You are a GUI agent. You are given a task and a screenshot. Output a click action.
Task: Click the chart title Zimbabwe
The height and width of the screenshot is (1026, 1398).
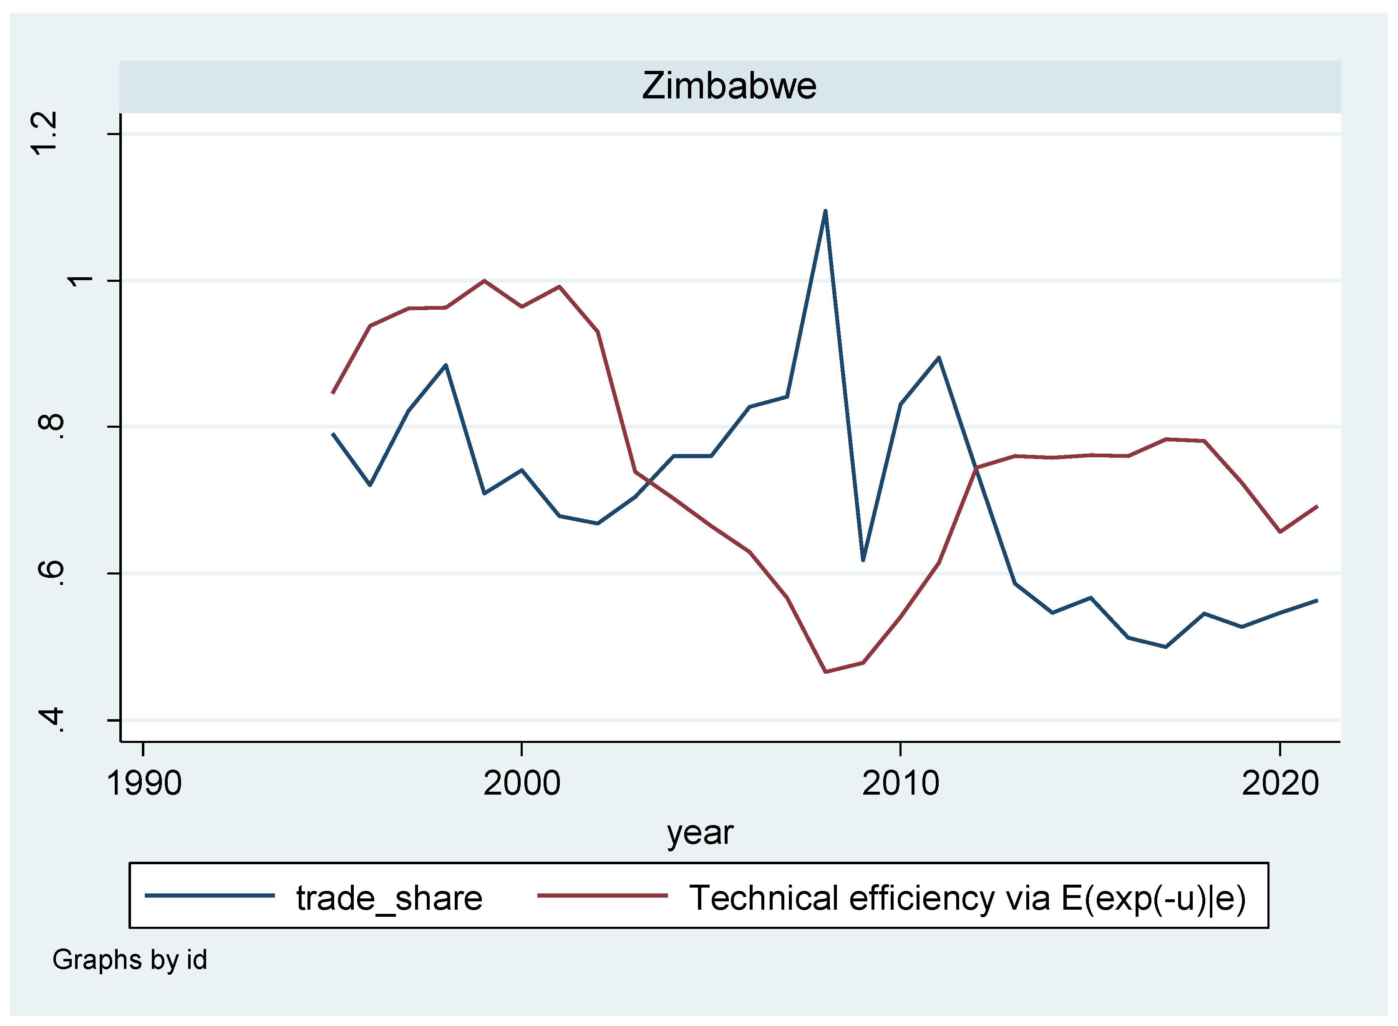(729, 86)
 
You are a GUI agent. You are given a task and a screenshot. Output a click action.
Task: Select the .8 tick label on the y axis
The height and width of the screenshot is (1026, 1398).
(51, 426)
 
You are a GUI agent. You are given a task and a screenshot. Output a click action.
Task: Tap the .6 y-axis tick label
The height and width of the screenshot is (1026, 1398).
(51, 573)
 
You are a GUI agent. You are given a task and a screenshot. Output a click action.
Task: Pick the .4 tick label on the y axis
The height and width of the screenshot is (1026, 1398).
(51, 719)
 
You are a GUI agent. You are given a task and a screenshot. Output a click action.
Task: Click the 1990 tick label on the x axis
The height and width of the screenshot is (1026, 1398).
(144, 783)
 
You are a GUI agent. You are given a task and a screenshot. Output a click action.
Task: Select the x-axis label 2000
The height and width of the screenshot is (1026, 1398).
(522, 783)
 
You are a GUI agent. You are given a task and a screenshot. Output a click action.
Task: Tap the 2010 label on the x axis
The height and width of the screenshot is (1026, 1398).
(900, 783)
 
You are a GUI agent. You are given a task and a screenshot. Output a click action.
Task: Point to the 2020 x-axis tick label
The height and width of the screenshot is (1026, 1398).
(1280, 783)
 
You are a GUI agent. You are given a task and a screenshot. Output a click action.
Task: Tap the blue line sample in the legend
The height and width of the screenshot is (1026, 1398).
(210, 896)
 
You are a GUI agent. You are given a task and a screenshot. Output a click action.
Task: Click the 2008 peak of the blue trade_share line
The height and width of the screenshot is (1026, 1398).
(825, 211)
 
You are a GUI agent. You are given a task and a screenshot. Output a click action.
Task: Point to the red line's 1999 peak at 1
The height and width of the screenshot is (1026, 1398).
(484, 281)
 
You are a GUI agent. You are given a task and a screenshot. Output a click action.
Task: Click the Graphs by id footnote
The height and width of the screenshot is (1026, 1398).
(129, 960)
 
